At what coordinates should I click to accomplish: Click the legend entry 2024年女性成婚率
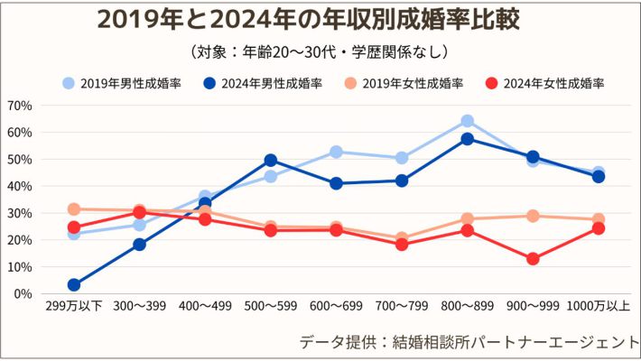coord(543,83)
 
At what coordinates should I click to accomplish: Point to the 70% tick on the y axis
coord(19,106)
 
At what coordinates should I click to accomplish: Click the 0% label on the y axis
coord(23,294)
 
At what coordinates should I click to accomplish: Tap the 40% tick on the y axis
coord(19,186)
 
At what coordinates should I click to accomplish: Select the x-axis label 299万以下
coord(74,307)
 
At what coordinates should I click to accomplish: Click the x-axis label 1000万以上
coord(599,307)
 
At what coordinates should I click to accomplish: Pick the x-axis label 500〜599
coord(271,307)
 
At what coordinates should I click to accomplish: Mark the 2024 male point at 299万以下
coord(74,285)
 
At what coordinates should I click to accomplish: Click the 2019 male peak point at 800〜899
coord(468,121)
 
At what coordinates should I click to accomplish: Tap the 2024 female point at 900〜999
coord(533,259)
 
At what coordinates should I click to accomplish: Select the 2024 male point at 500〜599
coord(271,161)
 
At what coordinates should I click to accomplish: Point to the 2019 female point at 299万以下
coord(74,209)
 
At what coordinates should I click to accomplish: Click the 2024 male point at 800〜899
coord(468,139)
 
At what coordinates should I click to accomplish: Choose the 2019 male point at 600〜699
coord(336,152)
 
